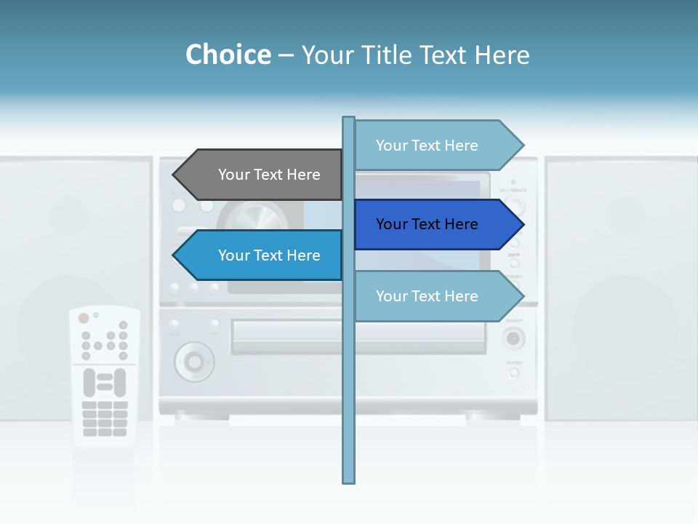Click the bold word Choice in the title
[228, 55]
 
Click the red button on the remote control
[84, 318]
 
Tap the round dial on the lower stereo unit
[193, 360]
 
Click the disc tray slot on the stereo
[291, 337]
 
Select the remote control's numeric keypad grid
[105, 418]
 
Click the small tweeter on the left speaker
[70, 215]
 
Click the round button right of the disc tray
[513, 338]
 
